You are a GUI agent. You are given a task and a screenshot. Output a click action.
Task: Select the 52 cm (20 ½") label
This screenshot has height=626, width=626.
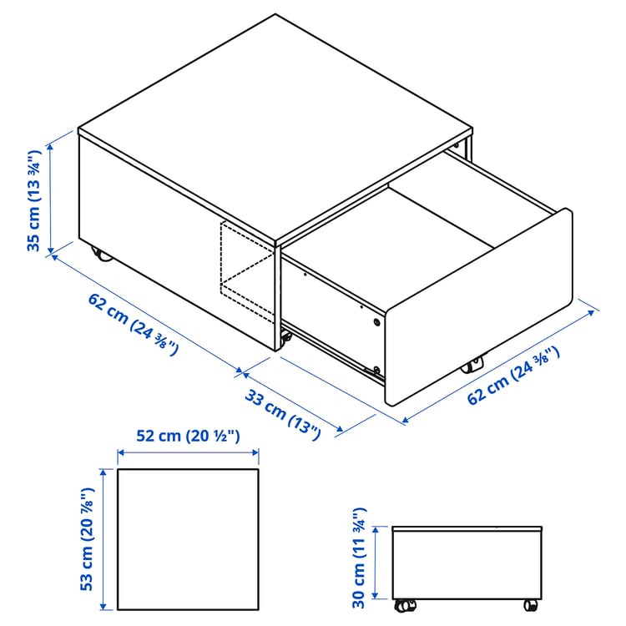pyautogui.click(x=188, y=436)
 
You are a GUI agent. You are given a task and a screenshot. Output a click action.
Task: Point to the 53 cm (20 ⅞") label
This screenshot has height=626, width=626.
pyautogui.click(x=86, y=538)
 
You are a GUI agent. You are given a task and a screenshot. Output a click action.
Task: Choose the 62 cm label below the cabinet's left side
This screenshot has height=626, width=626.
pyautogui.click(x=133, y=324)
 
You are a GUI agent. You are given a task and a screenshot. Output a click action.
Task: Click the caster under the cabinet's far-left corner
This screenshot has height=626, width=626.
pyautogui.click(x=99, y=254)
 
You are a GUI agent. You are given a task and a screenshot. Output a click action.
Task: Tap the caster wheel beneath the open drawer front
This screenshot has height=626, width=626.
pyautogui.click(x=472, y=365)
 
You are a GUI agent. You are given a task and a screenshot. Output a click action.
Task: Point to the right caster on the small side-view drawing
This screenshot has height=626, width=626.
pyautogui.click(x=530, y=604)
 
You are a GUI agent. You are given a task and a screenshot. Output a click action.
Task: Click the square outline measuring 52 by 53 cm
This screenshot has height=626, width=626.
pyautogui.click(x=188, y=539)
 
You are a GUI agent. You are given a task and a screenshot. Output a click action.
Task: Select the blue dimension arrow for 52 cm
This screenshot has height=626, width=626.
pyautogui.click(x=188, y=454)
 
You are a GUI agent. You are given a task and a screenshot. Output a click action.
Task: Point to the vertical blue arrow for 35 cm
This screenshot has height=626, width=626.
pyautogui.click(x=52, y=197)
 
